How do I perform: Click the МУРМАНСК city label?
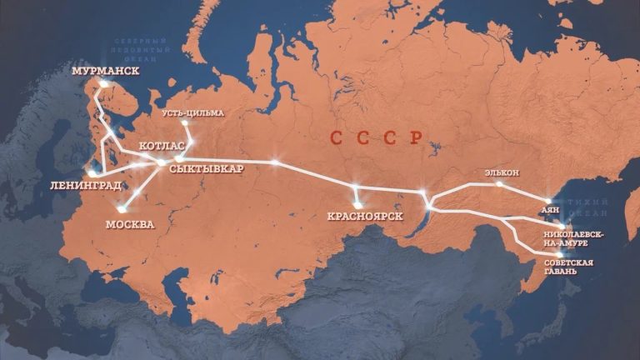tap(105, 72)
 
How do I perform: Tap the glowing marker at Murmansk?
tap(102, 85)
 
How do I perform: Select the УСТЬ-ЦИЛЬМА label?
tap(193, 112)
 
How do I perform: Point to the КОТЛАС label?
tap(162, 146)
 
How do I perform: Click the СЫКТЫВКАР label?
tap(205, 167)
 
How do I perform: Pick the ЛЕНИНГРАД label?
tap(86, 184)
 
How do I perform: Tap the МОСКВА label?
tap(129, 224)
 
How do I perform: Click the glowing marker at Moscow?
tap(122, 209)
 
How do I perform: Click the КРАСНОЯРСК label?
tap(366, 217)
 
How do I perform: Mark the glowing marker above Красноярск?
tap(358, 204)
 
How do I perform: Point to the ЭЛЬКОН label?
tap(501, 172)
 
